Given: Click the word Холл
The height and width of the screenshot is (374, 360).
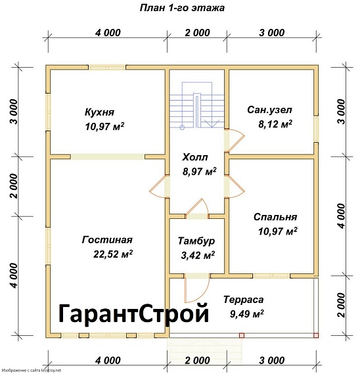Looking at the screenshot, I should click(194, 158).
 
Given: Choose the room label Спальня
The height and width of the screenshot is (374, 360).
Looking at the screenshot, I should click(275, 216).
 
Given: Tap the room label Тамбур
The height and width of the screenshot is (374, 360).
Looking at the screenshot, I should click(196, 241).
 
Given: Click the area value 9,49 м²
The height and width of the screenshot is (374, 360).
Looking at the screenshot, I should click(246, 313).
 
